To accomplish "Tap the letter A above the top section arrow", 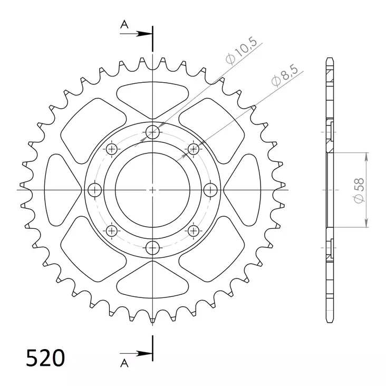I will click(x=124, y=24).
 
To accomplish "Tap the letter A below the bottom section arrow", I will click(x=124, y=363).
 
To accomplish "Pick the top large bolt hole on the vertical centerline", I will click(x=152, y=132).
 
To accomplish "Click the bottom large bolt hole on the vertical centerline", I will click(x=152, y=247).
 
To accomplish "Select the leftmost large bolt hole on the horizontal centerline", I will click(x=95, y=190).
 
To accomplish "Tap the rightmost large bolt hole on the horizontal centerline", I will click(x=210, y=190).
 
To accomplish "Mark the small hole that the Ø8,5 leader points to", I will click(x=193, y=149).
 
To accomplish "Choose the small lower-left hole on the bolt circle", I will click(x=111, y=230).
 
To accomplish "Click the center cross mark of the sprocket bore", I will click(x=152, y=190).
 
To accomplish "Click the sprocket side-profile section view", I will click(x=330, y=190).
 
